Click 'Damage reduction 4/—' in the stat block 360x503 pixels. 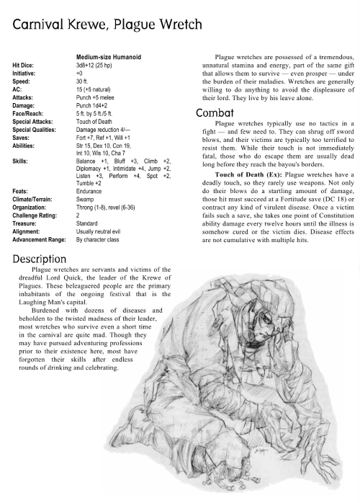tap(104, 127)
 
